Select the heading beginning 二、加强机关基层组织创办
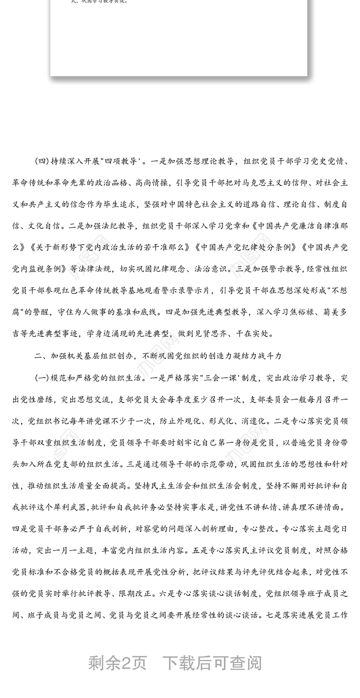pyautogui.click(x=158, y=356)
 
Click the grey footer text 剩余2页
pyautogui.click(x=117, y=662)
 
